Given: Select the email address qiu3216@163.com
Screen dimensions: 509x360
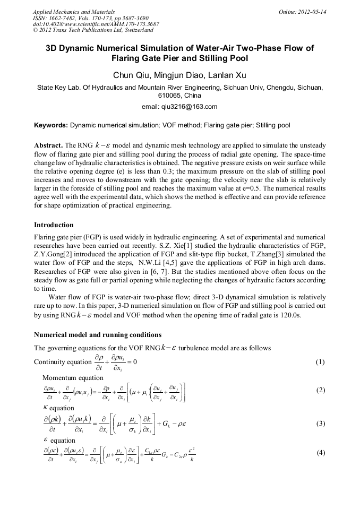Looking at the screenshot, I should (179, 107).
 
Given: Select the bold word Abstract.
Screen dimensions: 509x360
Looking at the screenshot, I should (48, 145).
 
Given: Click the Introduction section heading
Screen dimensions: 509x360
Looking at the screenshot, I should (54, 225).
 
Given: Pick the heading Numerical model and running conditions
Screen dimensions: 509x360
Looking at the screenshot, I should (98, 335).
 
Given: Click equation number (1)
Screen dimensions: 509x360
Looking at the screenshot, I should (320, 362).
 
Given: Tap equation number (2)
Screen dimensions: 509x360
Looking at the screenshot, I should (320, 390).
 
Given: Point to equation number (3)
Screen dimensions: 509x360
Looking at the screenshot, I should (320, 424).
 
